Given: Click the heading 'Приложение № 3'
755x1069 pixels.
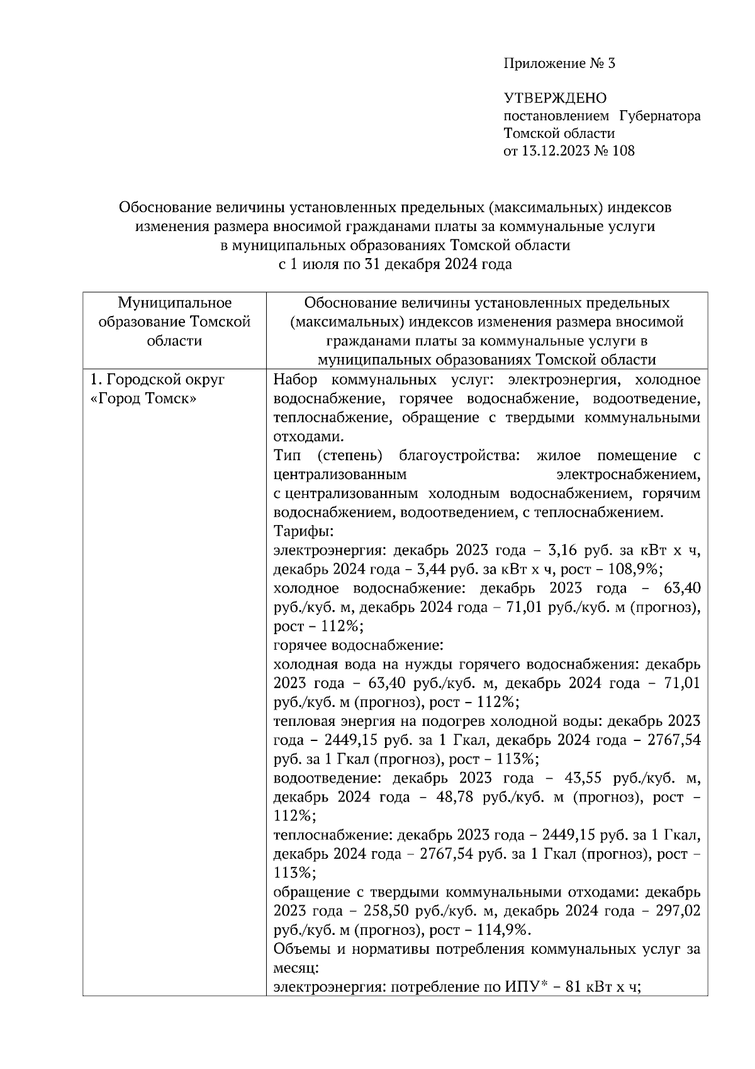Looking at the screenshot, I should (x=558, y=64).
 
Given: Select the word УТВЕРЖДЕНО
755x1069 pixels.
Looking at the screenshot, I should (x=555, y=98).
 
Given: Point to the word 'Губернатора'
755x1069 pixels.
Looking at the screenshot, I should (x=659, y=116).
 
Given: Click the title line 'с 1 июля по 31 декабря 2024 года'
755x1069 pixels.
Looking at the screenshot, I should (x=395, y=264).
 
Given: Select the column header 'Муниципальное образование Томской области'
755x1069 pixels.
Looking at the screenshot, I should (x=174, y=322).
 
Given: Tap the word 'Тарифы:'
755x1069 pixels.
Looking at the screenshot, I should (x=299, y=531).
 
